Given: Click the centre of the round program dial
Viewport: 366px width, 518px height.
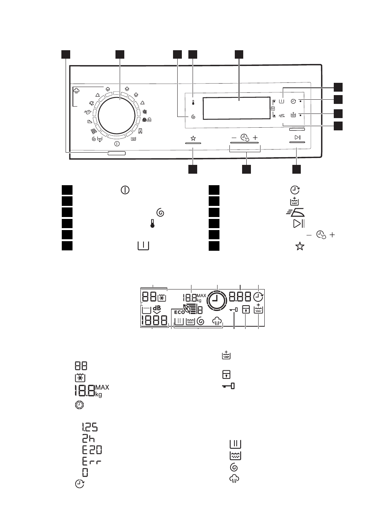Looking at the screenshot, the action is point(117,116).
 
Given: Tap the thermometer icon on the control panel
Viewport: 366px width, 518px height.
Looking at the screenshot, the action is point(193,102).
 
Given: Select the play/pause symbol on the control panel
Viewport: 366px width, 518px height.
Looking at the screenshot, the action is point(298,138).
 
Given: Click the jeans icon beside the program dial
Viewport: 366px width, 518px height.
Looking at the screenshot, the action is point(140,131).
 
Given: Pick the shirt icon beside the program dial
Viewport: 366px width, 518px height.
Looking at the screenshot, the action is point(91,104).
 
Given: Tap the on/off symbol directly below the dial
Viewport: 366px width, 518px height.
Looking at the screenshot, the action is point(117,144).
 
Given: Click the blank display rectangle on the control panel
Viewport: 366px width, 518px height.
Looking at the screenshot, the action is point(236,108).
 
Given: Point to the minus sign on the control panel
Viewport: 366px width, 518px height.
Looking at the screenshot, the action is point(234,138).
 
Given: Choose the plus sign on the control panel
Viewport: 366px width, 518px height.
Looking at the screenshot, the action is point(255,138).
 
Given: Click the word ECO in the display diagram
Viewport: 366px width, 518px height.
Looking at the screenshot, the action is point(179,312).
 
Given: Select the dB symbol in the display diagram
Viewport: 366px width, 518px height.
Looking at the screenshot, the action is point(157,310).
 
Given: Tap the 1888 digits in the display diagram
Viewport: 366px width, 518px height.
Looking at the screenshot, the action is point(154,321).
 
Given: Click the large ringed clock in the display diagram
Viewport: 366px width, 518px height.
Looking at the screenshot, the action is point(217,300).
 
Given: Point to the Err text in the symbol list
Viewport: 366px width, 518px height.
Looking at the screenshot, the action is point(92,462).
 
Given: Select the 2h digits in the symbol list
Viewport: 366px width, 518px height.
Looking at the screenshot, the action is point(88,439).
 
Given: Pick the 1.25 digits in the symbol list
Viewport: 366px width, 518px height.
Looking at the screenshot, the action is point(89,428).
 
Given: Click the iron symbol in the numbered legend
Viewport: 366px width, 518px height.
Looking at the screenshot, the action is point(295,212).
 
